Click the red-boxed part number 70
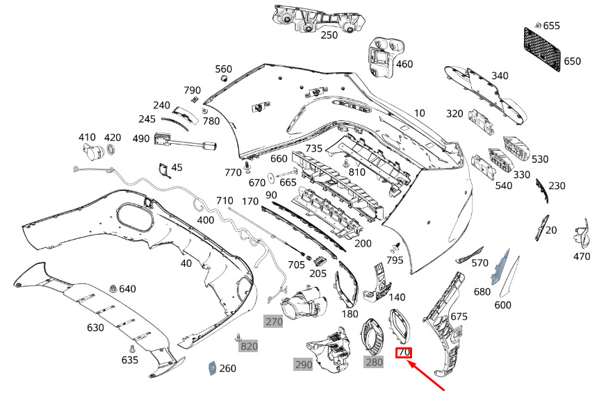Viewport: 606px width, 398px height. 404,352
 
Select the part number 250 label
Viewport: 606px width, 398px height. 329,35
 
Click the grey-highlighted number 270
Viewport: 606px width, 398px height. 274,322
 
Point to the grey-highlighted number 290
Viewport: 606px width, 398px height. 303,364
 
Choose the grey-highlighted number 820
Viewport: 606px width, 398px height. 249,346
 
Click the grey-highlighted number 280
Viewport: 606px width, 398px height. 374,362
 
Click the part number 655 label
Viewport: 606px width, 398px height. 551,26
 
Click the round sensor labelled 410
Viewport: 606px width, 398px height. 89,151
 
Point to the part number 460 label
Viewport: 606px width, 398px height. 404,65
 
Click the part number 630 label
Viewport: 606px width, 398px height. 95,328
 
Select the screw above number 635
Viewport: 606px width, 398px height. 129,348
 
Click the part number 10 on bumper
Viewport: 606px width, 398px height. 419,113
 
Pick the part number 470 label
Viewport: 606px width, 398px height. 582,256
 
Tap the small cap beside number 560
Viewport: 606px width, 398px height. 224,79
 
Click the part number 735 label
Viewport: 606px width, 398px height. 313,149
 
